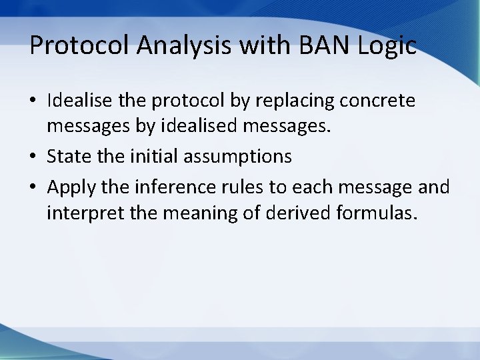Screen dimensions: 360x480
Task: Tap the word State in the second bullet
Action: (67, 156)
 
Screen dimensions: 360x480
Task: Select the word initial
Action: (156, 156)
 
